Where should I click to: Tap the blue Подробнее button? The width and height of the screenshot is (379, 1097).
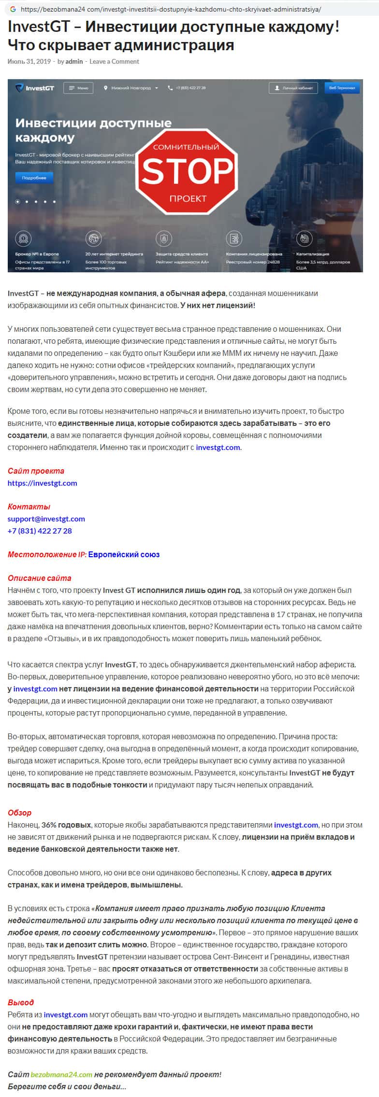(34, 178)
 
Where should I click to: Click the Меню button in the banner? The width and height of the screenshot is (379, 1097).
(79, 88)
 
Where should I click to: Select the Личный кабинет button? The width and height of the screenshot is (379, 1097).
(293, 88)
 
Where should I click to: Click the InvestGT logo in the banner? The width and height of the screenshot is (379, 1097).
(34, 88)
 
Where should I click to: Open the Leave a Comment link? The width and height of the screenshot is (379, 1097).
(114, 61)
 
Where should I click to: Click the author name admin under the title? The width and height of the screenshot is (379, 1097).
(74, 61)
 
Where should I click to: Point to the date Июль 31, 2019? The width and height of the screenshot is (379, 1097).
(29, 61)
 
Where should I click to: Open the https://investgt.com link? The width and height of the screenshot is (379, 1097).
(43, 483)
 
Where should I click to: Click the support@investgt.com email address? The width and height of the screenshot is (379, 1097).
(46, 519)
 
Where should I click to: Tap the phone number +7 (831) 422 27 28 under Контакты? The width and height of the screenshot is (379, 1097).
(40, 531)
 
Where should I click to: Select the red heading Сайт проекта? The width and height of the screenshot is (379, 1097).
(36, 471)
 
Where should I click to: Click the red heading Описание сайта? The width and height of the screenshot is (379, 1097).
(39, 578)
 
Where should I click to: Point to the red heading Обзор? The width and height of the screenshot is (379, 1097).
(19, 813)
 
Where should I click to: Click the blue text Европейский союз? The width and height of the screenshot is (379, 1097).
(124, 554)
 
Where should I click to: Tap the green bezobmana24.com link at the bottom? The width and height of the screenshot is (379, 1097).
(61, 1074)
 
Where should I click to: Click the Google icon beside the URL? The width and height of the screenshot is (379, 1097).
(12, 9)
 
